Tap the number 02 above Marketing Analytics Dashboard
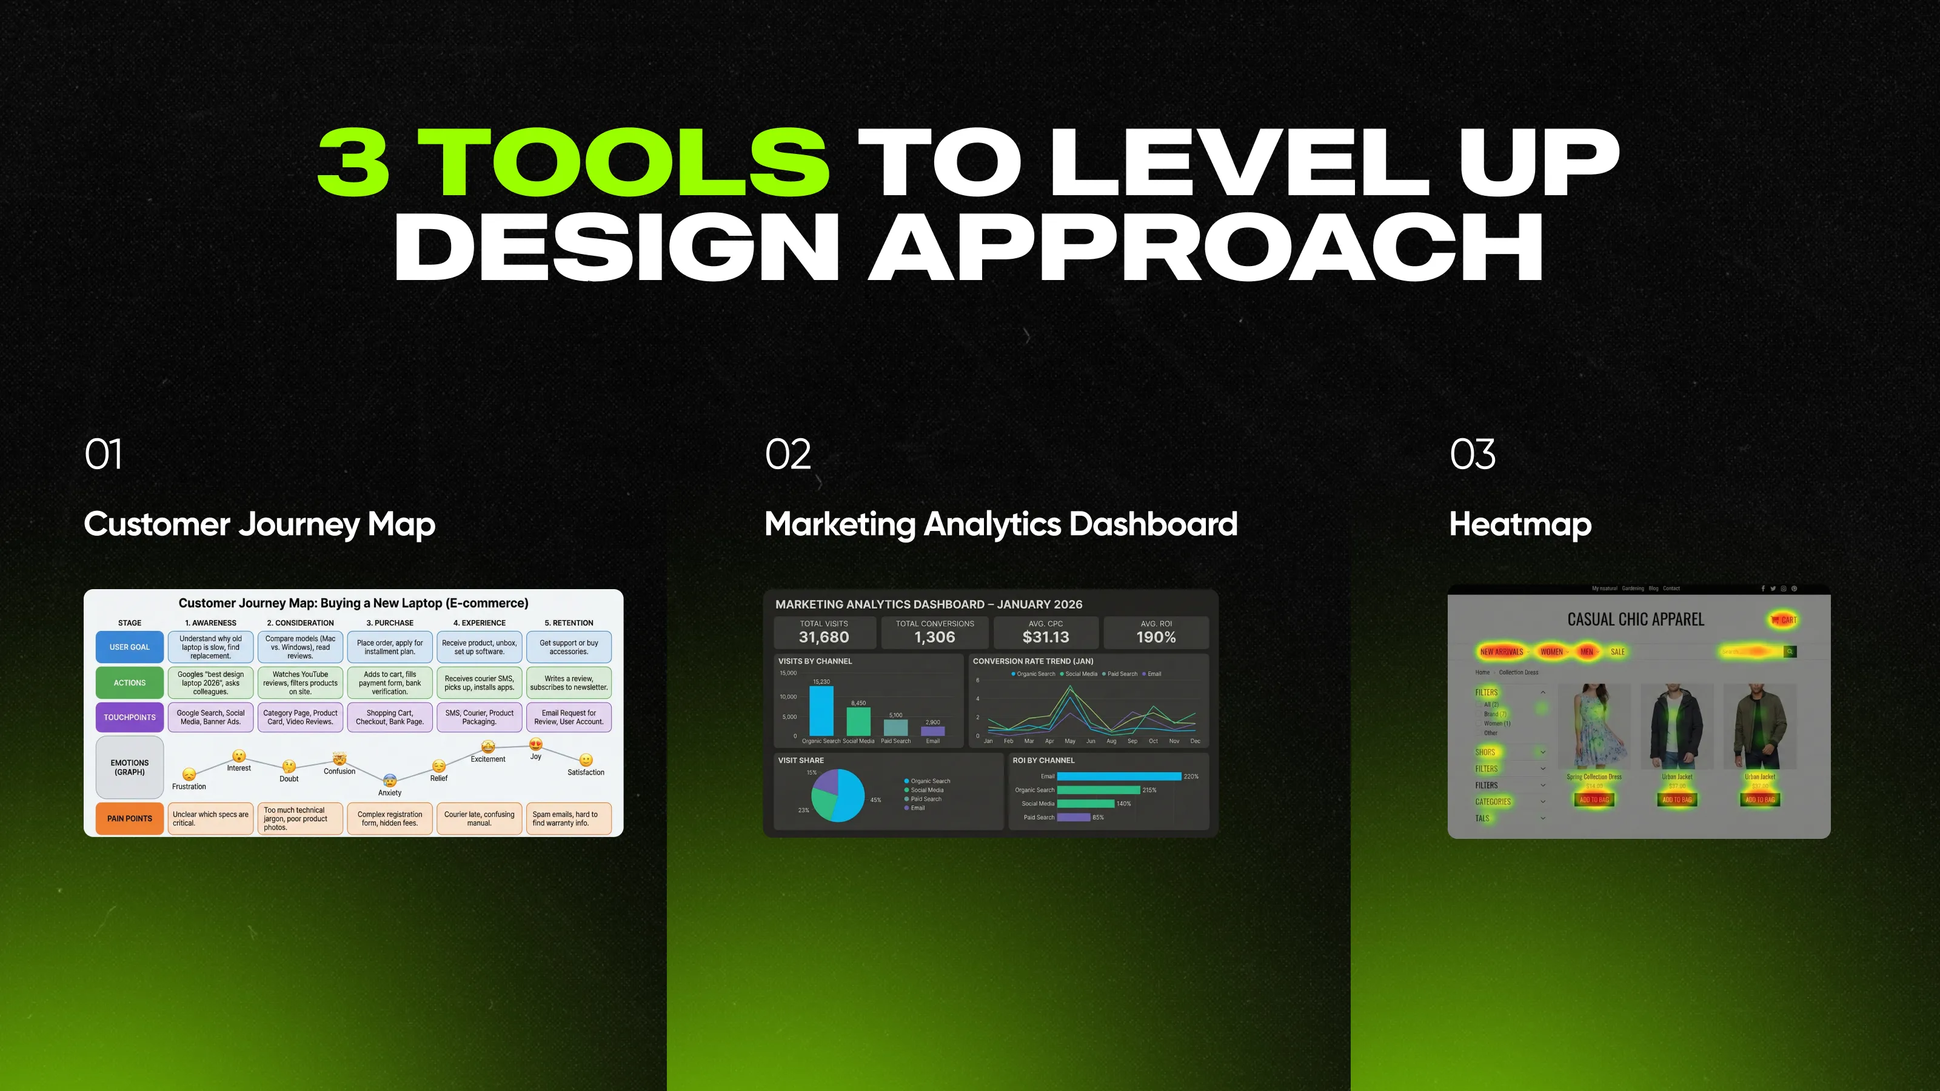[788, 454]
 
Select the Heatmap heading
[1520, 524]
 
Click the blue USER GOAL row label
[130, 647]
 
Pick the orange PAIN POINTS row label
[130, 818]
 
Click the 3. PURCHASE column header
[389, 622]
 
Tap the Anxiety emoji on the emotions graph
[389, 780]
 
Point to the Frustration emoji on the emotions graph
[189, 774]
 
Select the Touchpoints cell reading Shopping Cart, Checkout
[389, 717]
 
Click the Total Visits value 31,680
[824, 637]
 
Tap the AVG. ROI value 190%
[1156, 637]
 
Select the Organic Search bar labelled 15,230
[821, 711]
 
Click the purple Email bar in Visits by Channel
[932, 730]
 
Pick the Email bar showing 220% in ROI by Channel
[1119, 776]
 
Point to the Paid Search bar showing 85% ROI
[1073, 817]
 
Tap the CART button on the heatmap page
[1784, 619]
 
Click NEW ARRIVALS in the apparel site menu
[1501, 652]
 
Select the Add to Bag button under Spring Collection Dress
[1594, 799]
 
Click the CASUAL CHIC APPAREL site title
[1635, 619]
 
